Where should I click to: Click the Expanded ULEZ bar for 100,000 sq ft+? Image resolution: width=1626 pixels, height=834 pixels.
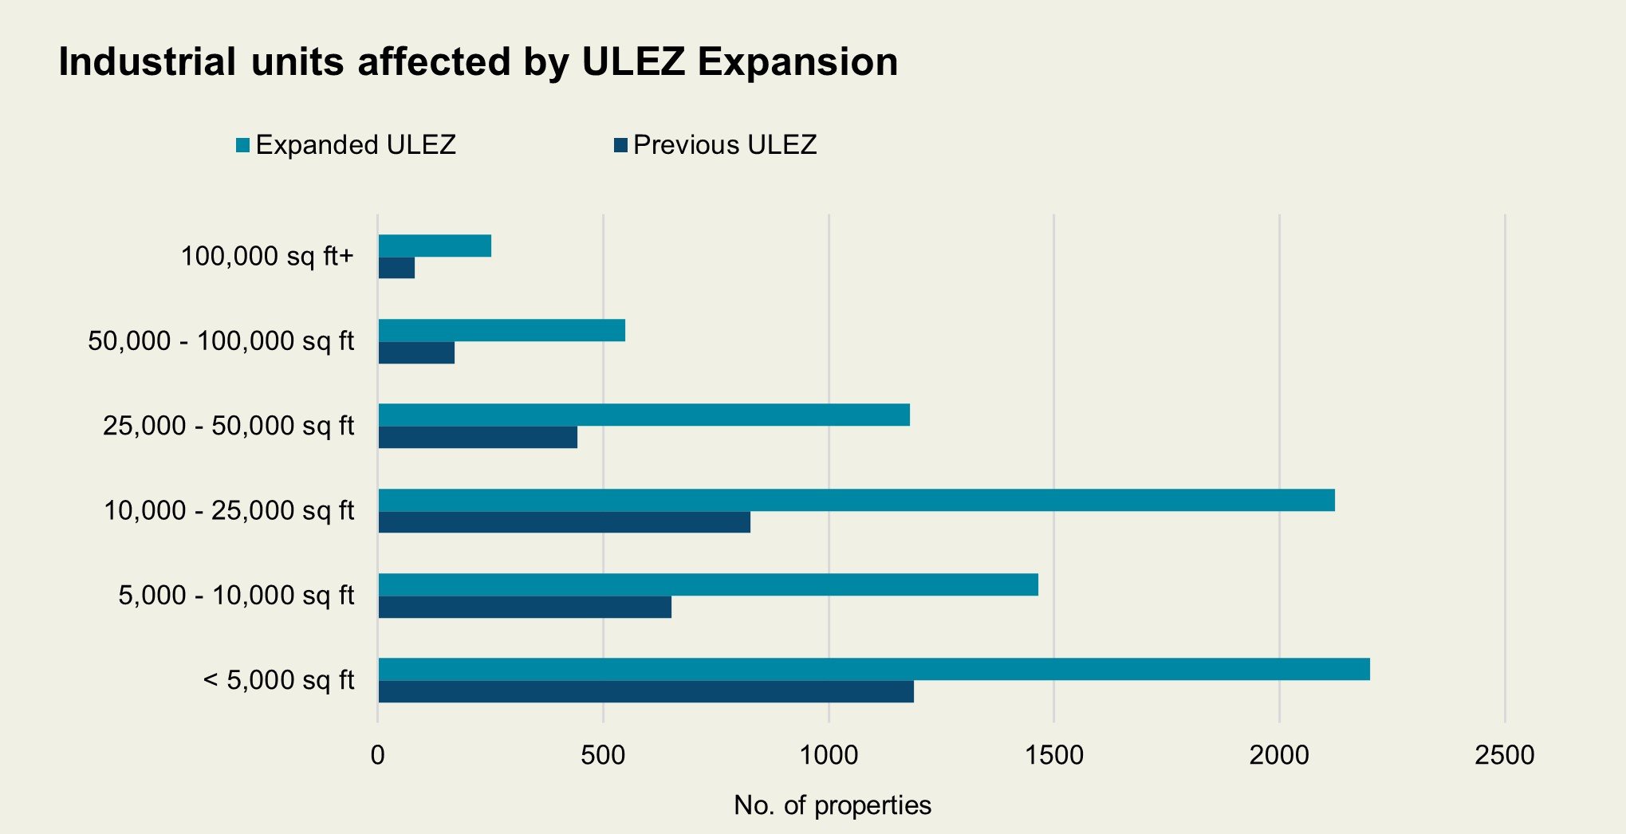pos(435,246)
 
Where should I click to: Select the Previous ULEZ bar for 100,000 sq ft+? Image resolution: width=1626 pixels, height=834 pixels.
pos(396,268)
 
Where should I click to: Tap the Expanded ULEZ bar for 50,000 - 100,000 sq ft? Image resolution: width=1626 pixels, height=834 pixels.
pos(502,331)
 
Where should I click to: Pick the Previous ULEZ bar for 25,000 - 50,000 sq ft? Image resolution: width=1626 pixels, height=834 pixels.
pos(478,438)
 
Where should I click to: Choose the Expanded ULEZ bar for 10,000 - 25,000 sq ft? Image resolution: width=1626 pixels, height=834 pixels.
pos(856,501)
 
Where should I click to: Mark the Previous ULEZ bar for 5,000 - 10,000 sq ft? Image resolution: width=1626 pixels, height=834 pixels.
pos(525,607)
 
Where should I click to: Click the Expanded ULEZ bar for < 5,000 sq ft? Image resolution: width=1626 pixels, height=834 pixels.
pos(874,670)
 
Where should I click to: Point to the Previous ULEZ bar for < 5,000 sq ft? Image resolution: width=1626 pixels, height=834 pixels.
pos(646,691)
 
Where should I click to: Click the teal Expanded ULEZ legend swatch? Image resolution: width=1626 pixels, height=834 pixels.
pos(243,145)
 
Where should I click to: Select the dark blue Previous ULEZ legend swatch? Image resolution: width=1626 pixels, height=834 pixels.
pos(621,145)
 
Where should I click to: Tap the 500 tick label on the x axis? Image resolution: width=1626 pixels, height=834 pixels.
pos(603,754)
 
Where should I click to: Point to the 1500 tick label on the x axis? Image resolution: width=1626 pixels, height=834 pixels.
pos(1054,754)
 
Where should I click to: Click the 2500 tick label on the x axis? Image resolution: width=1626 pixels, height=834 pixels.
pos(1504,754)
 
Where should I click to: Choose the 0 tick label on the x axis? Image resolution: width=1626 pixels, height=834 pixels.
pos(378,754)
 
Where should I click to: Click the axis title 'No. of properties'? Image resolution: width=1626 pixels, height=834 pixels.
pos(833,805)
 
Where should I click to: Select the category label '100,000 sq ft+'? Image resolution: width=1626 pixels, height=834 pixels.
pos(267,257)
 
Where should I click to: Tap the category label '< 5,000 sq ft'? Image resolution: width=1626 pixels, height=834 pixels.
pos(278,680)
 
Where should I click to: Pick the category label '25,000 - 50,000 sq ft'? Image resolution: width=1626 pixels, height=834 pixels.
pos(228,426)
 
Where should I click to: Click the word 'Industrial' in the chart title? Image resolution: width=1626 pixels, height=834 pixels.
pos(147,62)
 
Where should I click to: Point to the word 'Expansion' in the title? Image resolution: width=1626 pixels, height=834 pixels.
pos(797,62)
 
